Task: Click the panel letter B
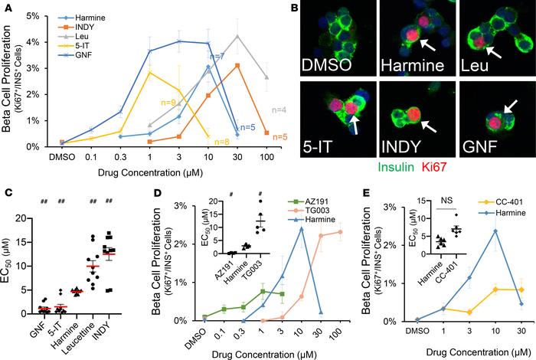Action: [x=293, y=8]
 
